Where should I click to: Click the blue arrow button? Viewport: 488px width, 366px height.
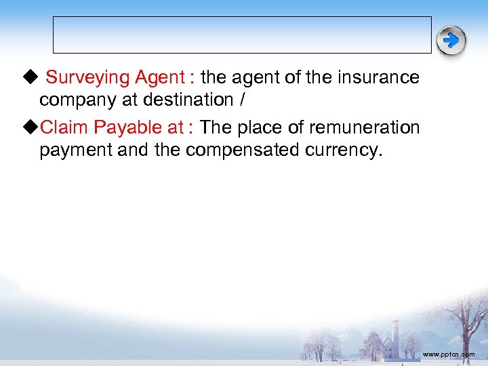pyautogui.click(x=451, y=41)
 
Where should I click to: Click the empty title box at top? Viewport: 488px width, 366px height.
pyautogui.click(x=242, y=35)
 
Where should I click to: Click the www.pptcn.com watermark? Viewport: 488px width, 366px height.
pyautogui.click(x=448, y=354)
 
